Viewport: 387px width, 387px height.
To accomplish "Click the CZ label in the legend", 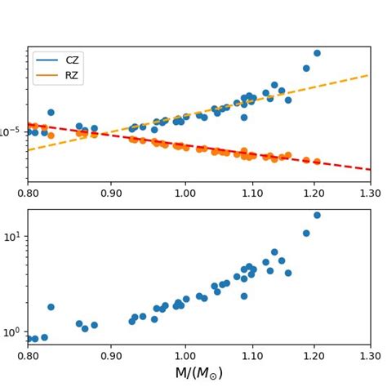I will [72, 60].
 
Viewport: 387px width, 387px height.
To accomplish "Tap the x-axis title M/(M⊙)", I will [198, 373].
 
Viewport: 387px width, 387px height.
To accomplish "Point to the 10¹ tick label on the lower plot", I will [14, 236].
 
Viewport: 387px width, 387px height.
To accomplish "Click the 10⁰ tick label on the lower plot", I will [14, 331].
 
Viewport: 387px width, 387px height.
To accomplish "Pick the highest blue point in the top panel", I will [317, 53].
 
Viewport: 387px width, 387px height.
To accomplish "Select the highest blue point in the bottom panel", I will [317, 216].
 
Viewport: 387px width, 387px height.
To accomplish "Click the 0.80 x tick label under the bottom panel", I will [28, 356].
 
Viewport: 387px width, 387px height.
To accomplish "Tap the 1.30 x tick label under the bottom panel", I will [370, 356].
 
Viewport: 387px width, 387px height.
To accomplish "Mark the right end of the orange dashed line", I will [369, 75].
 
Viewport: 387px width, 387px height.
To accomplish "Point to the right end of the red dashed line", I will [369, 169].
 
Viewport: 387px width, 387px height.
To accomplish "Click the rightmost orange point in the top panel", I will [317, 162].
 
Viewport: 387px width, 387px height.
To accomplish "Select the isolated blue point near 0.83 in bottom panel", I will [51, 307].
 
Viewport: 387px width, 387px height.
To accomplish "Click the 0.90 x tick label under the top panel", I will [111, 193].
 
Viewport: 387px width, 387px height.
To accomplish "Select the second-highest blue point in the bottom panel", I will [306, 233].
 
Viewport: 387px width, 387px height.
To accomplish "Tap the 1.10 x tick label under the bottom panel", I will [253, 356].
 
